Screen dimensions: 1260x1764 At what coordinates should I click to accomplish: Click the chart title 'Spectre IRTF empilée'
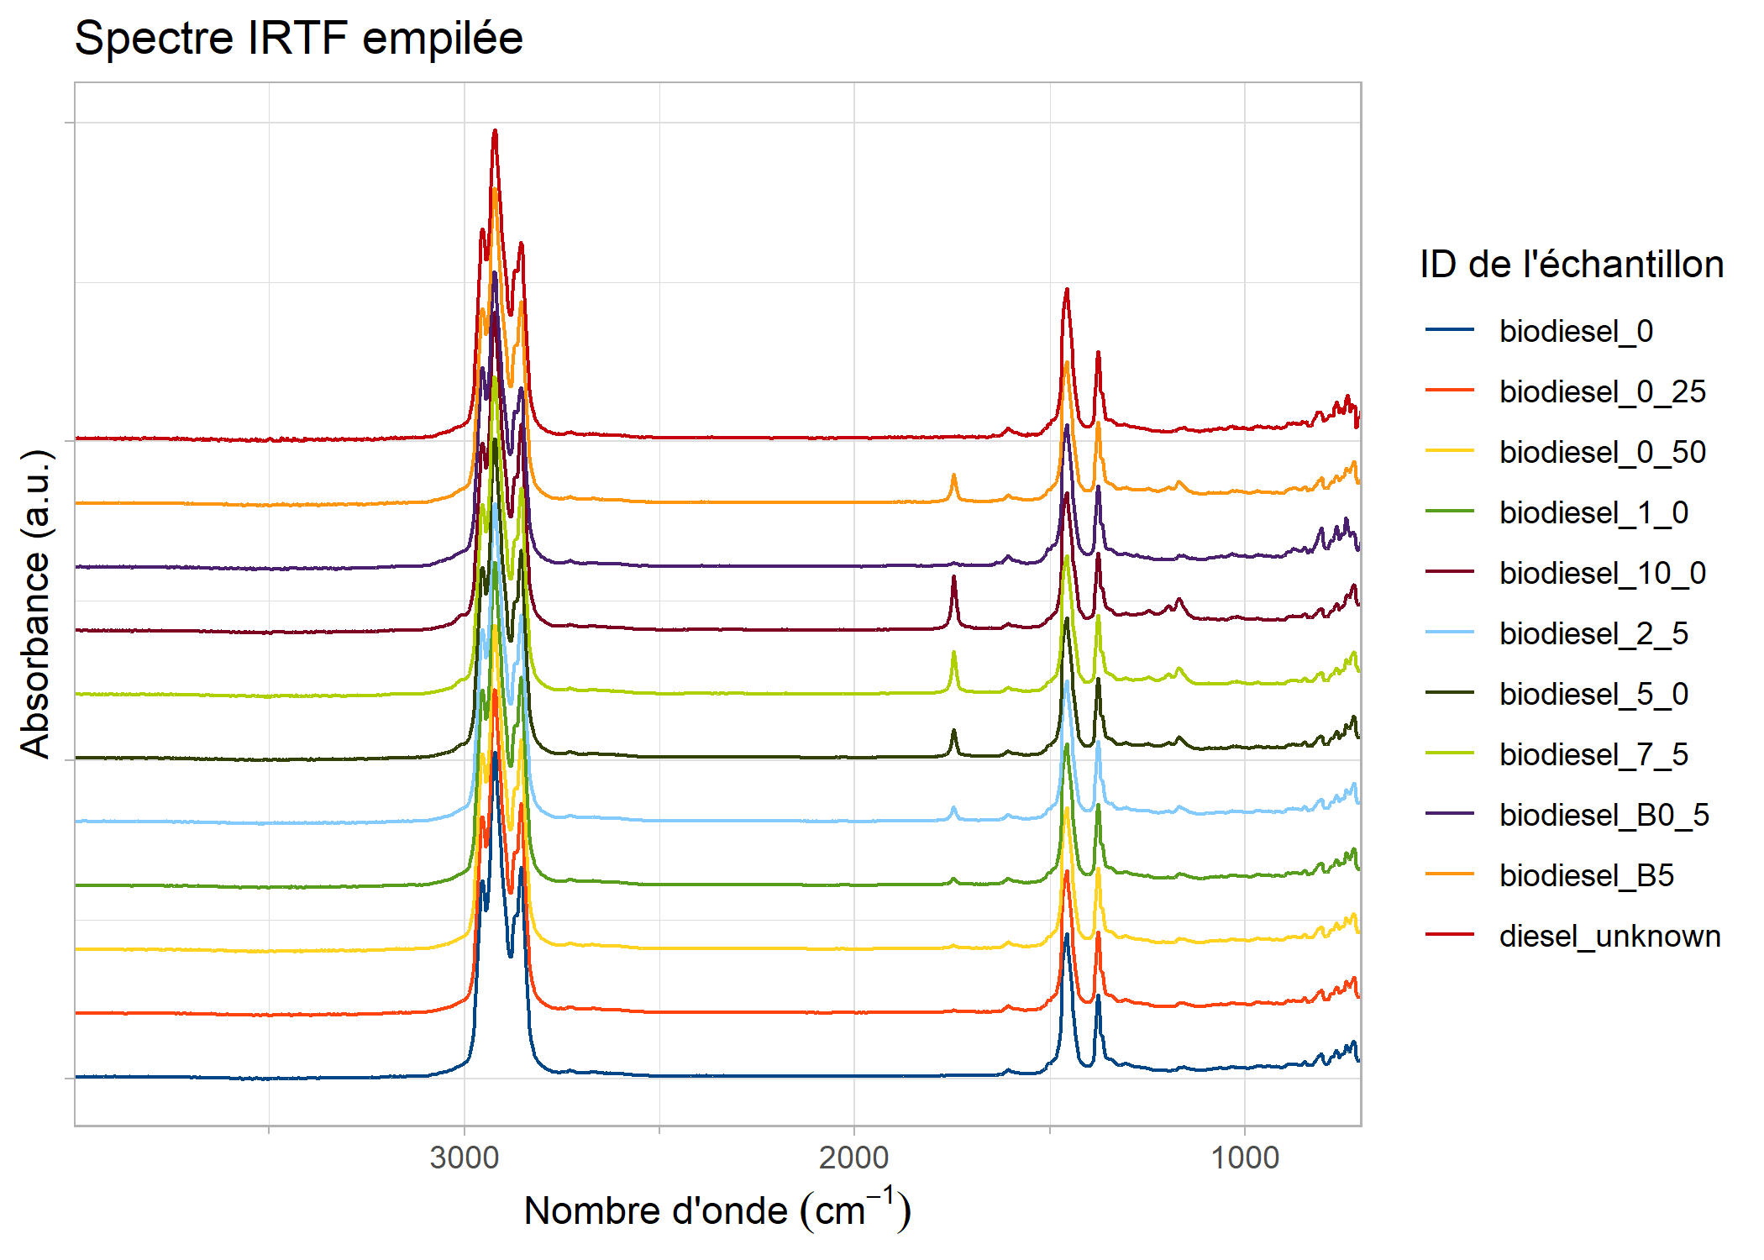pyautogui.click(x=298, y=38)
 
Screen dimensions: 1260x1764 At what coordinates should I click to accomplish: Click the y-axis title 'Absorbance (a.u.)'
pyautogui.click(x=35, y=603)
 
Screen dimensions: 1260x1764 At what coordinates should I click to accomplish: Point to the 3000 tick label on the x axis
pyautogui.click(x=464, y=1158)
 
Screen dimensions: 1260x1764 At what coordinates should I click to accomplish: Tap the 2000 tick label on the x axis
pyautogui.click(x=853, y=1158)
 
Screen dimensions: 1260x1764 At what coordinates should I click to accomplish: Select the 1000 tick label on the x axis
pyautogui.click(x=1244, y=1158)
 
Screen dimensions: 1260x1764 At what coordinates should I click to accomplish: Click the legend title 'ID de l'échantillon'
pyautogui.click(x=1571, y=265)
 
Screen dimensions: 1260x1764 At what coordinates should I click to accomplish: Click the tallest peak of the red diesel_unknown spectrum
pyautogui.click(x=495, y=132)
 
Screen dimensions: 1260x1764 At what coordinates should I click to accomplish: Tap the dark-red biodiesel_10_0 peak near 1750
pyautogui.click(x=953, y=578)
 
